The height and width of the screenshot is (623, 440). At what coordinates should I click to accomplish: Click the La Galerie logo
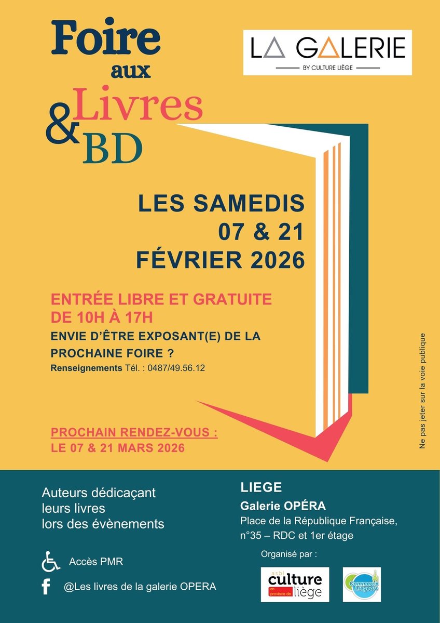click(327, 52)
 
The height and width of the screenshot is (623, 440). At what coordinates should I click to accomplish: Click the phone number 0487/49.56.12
click(176, 368)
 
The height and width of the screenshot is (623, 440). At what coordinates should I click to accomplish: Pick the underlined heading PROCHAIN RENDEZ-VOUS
click(134, 433)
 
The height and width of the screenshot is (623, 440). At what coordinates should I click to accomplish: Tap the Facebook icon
click(46, 587)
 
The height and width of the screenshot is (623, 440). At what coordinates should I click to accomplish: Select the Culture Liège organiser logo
click(295, 585)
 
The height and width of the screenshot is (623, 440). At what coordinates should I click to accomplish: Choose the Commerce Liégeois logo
click(362, 585)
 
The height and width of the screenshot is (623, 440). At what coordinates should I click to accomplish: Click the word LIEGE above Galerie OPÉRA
click(262, 487)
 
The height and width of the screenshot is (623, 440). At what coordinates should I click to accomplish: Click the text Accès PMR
click(96, 562)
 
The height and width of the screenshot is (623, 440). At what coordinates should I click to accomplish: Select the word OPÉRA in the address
click(306, 506)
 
